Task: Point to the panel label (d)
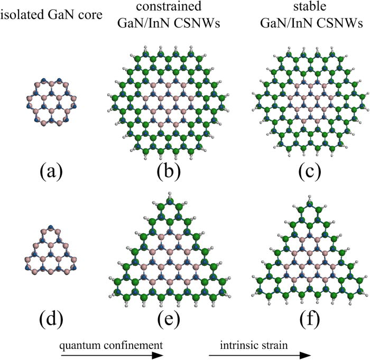51,319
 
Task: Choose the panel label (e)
169,320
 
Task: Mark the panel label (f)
310,319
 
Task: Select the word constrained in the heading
169,6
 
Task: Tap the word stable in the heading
310,6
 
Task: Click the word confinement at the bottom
133,345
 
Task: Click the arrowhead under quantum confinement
158,355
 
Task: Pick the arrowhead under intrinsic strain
305,355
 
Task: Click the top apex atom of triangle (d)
51,228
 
